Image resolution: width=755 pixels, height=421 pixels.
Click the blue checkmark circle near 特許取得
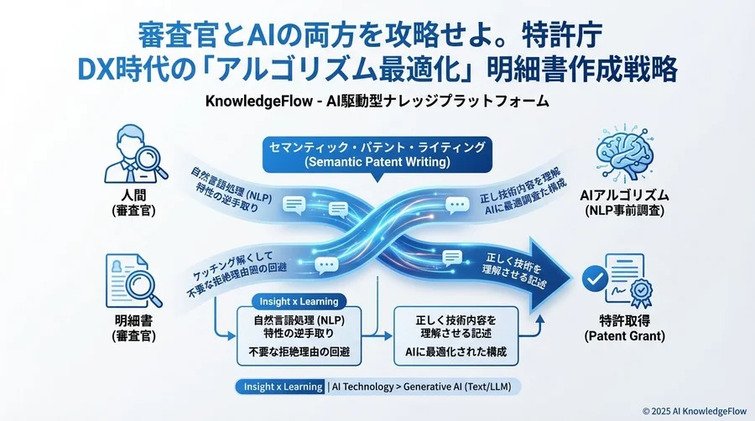pos(598,278)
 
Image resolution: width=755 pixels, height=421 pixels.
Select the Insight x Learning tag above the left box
pos(294,301)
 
